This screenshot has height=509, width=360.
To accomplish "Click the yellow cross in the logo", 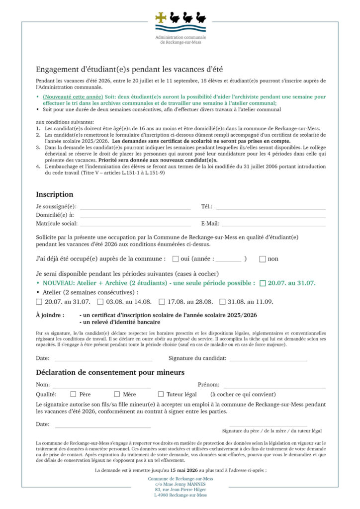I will tap(161, 18).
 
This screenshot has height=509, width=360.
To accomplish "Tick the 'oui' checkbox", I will tap(176, 258).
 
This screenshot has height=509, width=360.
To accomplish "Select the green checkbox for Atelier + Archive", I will tap(263, 283).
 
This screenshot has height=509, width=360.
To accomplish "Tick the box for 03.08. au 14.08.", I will tap(100, 301).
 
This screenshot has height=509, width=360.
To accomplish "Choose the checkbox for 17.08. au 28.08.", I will tap(162, 301).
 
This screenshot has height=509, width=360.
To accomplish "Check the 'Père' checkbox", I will tap(73, 394).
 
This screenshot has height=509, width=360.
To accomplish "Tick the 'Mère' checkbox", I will tap(117, 394).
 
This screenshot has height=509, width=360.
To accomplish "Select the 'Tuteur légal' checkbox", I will tap(161, 394).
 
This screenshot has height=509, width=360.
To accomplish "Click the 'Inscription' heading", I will tap(54, 194).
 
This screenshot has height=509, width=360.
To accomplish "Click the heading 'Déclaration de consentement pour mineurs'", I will tap(110, 372).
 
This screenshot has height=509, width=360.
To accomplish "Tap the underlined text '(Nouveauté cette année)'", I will tap(73, 96).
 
